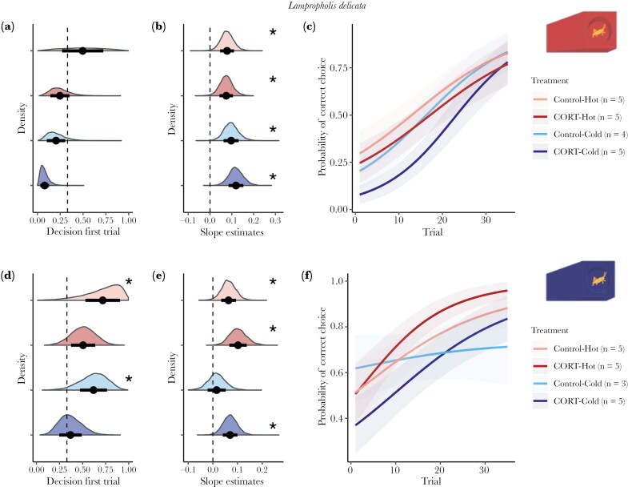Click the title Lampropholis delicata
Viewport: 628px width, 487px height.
click(x=313, y=8)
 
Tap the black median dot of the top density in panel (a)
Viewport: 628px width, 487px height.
click(x=82, y=50)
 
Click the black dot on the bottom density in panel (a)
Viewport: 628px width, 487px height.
click(x=45, y=186)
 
